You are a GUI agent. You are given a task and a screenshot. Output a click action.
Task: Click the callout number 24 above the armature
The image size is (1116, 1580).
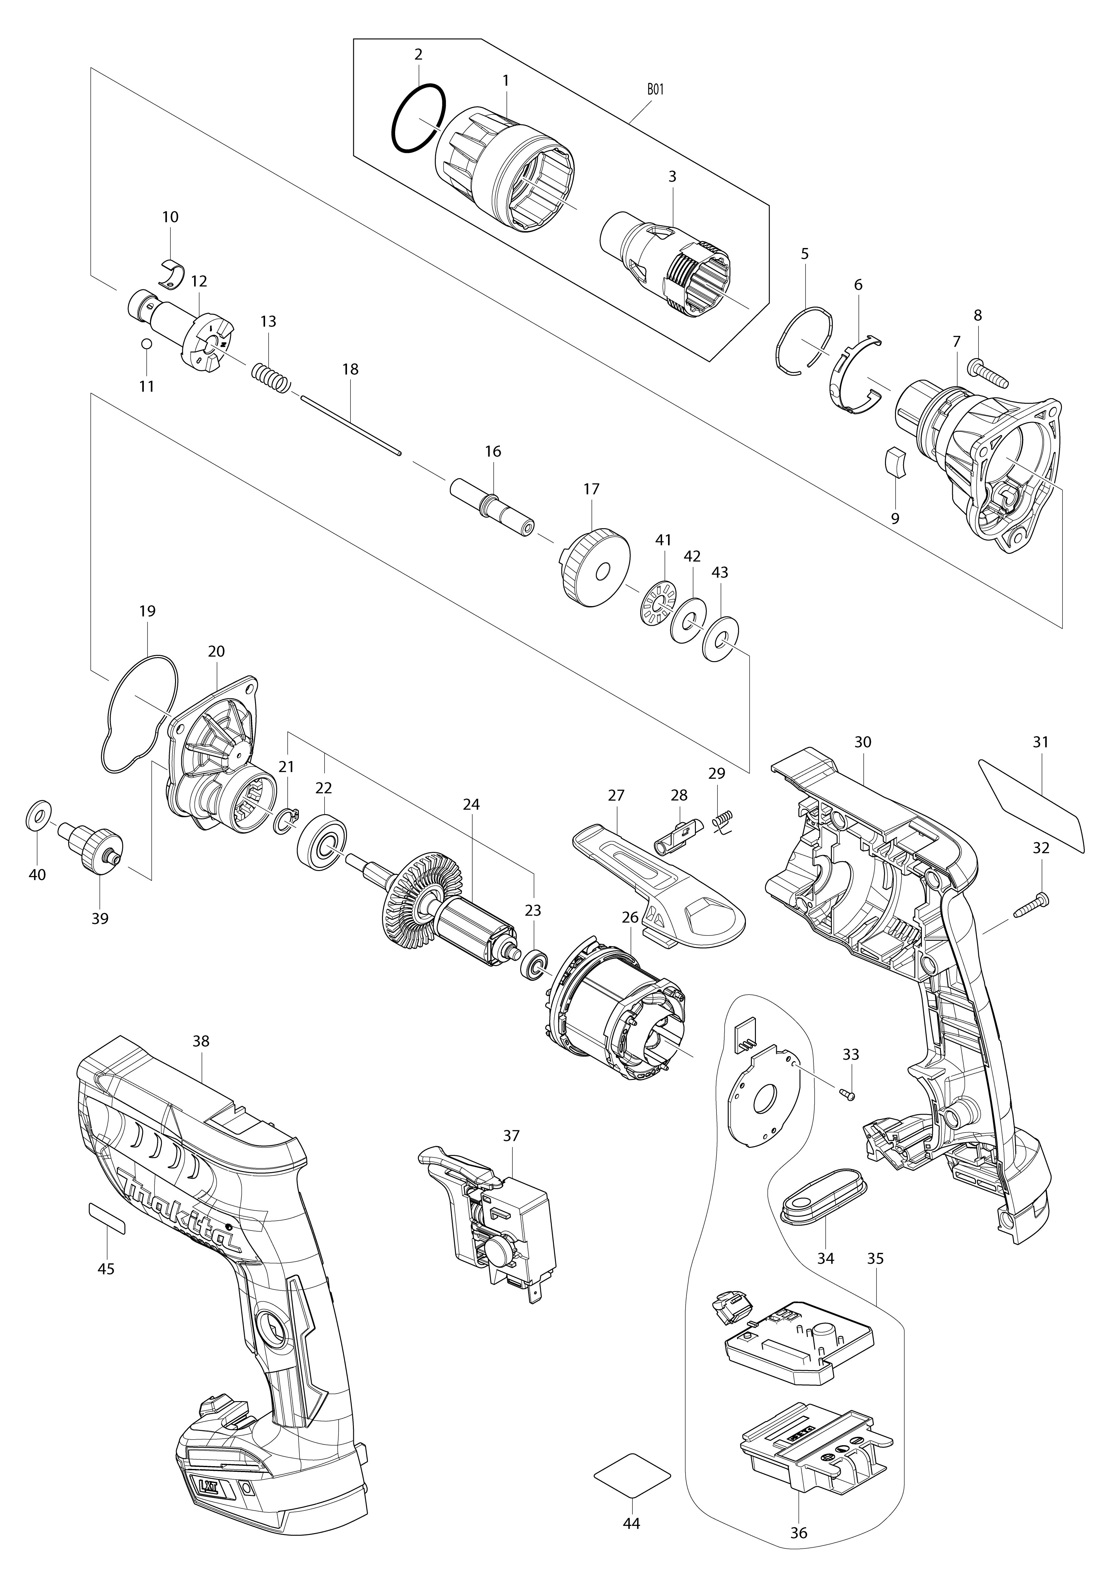(x=471, y=804)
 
